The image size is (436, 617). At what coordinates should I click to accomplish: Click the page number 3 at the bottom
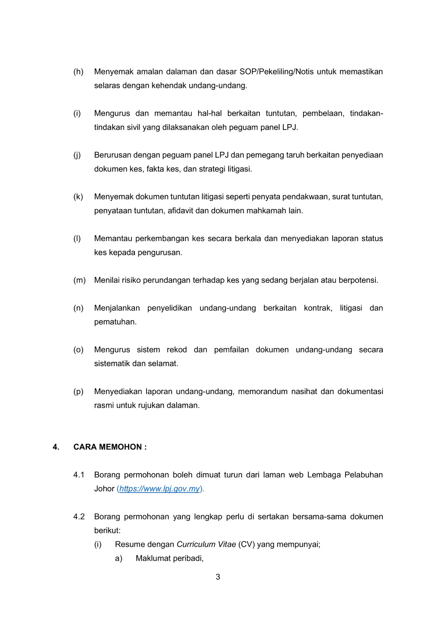click(218, 577)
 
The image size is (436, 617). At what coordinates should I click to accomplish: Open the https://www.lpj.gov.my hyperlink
click(160, 489)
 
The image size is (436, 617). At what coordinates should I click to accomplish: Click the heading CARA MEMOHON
click(110, 447)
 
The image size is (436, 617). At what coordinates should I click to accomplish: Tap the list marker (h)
click(78, 72)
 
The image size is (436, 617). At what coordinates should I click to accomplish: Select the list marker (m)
click(79, 280)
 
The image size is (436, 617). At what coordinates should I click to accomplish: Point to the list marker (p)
click(78, 391)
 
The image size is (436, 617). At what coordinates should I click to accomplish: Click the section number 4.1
click(79, 475)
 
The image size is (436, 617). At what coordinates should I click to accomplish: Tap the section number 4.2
click(79, 516)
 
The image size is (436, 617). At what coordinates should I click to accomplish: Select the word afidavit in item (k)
click(180, 211)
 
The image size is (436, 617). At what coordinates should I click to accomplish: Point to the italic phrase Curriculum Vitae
click(206, 544)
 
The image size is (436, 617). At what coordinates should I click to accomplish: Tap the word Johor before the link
click(104, 489)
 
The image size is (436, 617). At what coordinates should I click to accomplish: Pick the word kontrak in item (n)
click(318, 308)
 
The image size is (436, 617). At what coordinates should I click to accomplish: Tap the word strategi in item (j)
click(212, 169)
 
